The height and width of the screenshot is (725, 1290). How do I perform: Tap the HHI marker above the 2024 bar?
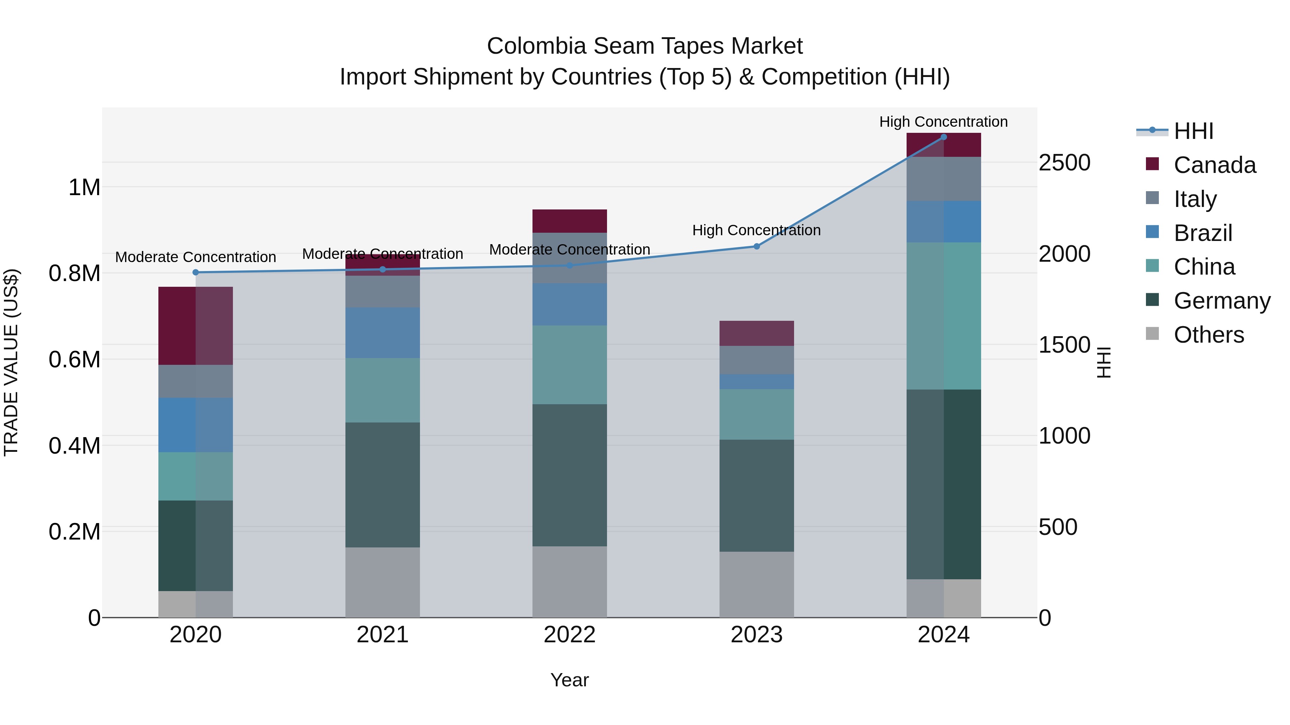[943, 137]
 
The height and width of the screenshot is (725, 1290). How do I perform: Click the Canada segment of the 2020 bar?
[195, 326]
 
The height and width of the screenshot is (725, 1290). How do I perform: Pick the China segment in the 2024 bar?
[943, 316]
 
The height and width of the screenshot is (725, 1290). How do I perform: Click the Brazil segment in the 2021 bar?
[383, 333]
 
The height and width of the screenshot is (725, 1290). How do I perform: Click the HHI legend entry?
[1193, 131]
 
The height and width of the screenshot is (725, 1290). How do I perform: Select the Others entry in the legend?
[1208, 335]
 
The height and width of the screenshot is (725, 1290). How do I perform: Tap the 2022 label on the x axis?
[569, 635]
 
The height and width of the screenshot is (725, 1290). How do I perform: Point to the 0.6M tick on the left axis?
[74, 359]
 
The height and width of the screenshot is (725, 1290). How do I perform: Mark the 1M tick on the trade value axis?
[84, 188]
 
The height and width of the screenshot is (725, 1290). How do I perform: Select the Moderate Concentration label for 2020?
[195, 257]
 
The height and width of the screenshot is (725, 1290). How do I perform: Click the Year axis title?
[569, 680]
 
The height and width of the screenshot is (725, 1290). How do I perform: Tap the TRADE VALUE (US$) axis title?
[11, 362]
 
